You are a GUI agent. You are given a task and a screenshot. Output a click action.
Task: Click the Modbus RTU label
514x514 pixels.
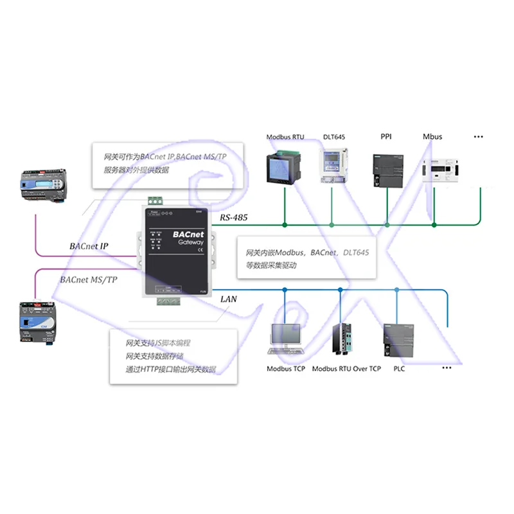285,137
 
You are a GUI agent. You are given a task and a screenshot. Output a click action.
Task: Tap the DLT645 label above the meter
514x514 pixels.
333,137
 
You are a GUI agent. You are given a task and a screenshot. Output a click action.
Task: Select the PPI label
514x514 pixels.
386,137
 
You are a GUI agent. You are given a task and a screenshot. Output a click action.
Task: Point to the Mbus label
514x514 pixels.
432,137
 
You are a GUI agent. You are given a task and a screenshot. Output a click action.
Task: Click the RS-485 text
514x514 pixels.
233,218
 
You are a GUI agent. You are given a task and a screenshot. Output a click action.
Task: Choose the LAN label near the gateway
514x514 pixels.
229,299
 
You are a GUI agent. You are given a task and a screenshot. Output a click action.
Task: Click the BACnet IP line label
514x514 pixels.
89,246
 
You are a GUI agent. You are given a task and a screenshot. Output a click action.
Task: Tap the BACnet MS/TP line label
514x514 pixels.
89,279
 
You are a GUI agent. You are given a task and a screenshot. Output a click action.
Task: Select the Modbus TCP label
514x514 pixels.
286,369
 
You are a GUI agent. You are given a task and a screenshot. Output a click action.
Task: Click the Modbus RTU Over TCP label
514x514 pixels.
346,369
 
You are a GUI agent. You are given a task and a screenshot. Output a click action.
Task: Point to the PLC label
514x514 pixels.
399,369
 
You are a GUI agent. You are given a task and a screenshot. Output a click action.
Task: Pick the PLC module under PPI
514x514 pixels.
386,170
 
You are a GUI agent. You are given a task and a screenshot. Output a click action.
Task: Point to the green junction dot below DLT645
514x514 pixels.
332,224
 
